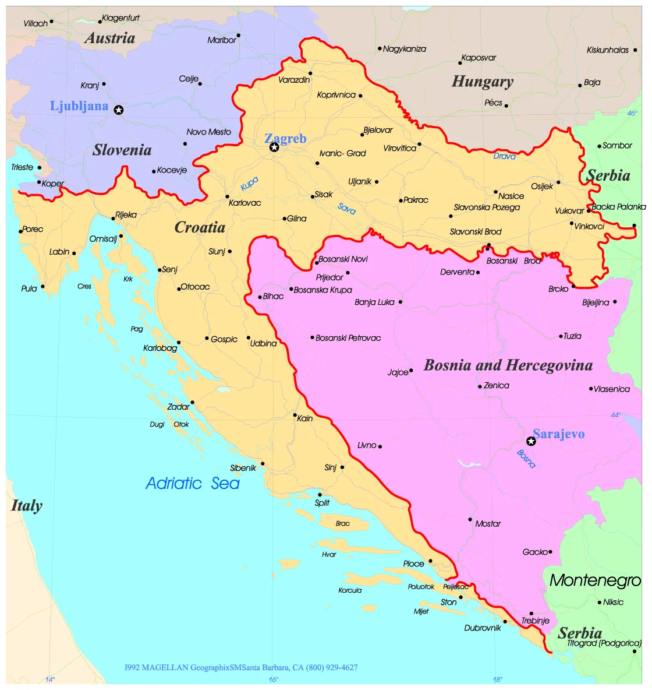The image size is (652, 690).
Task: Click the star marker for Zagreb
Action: click(x=274, y=147)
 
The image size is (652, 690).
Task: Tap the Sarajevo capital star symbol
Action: click(x=531, y=441)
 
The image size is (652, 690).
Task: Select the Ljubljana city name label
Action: click(x=79, y=106)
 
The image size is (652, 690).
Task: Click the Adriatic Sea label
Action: click(x=193, y=483)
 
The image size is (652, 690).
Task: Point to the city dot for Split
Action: click(x=320, y=495)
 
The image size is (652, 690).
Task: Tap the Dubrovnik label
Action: click(x=483, y=628)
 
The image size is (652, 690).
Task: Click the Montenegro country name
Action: click(x=595, y=580)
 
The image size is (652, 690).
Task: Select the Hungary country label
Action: click(x=483, y=82)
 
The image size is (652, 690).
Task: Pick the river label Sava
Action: click(x=346, y=208)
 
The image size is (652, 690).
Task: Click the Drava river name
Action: click(x=505, y=156)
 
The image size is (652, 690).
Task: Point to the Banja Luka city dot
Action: click(x=401, y=302)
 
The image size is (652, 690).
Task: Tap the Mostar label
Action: click(x=488, y=524)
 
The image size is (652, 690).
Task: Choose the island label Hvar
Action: click(x=329, y=555)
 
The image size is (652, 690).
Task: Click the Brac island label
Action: click(x=343, y=524)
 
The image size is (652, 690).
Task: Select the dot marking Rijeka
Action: click(x=114, y=219)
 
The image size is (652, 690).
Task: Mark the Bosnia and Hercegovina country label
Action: click(x=508, y=365)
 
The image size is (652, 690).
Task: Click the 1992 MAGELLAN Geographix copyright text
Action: click(x=241, y=667)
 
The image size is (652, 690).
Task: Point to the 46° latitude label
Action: click(x=632, y=114)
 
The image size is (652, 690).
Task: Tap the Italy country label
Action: click(x=27, y=506)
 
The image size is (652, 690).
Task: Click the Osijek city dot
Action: click(x=558, y=182)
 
